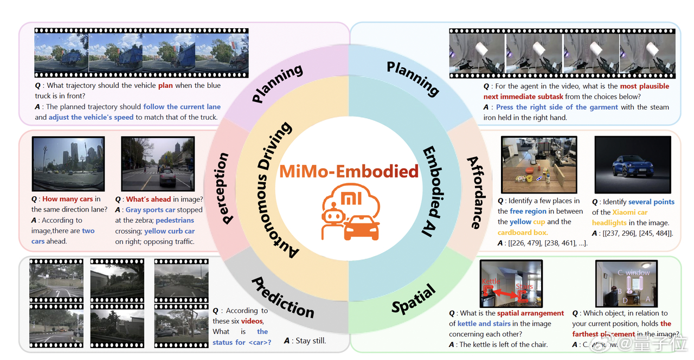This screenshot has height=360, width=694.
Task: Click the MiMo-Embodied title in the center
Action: coord(349,171)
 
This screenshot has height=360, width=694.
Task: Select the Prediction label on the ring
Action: coord(283,297)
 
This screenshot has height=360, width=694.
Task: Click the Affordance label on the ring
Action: coord(474,192)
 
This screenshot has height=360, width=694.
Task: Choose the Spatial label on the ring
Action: coord(414,299)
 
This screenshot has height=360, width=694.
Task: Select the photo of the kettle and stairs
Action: coord(511,284)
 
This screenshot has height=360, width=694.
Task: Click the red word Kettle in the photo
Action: coord(491,281)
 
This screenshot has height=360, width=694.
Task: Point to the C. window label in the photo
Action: coord(634,272)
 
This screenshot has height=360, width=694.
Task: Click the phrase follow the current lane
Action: coord(182,107)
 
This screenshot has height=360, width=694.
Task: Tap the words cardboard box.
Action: coord(523,233)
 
